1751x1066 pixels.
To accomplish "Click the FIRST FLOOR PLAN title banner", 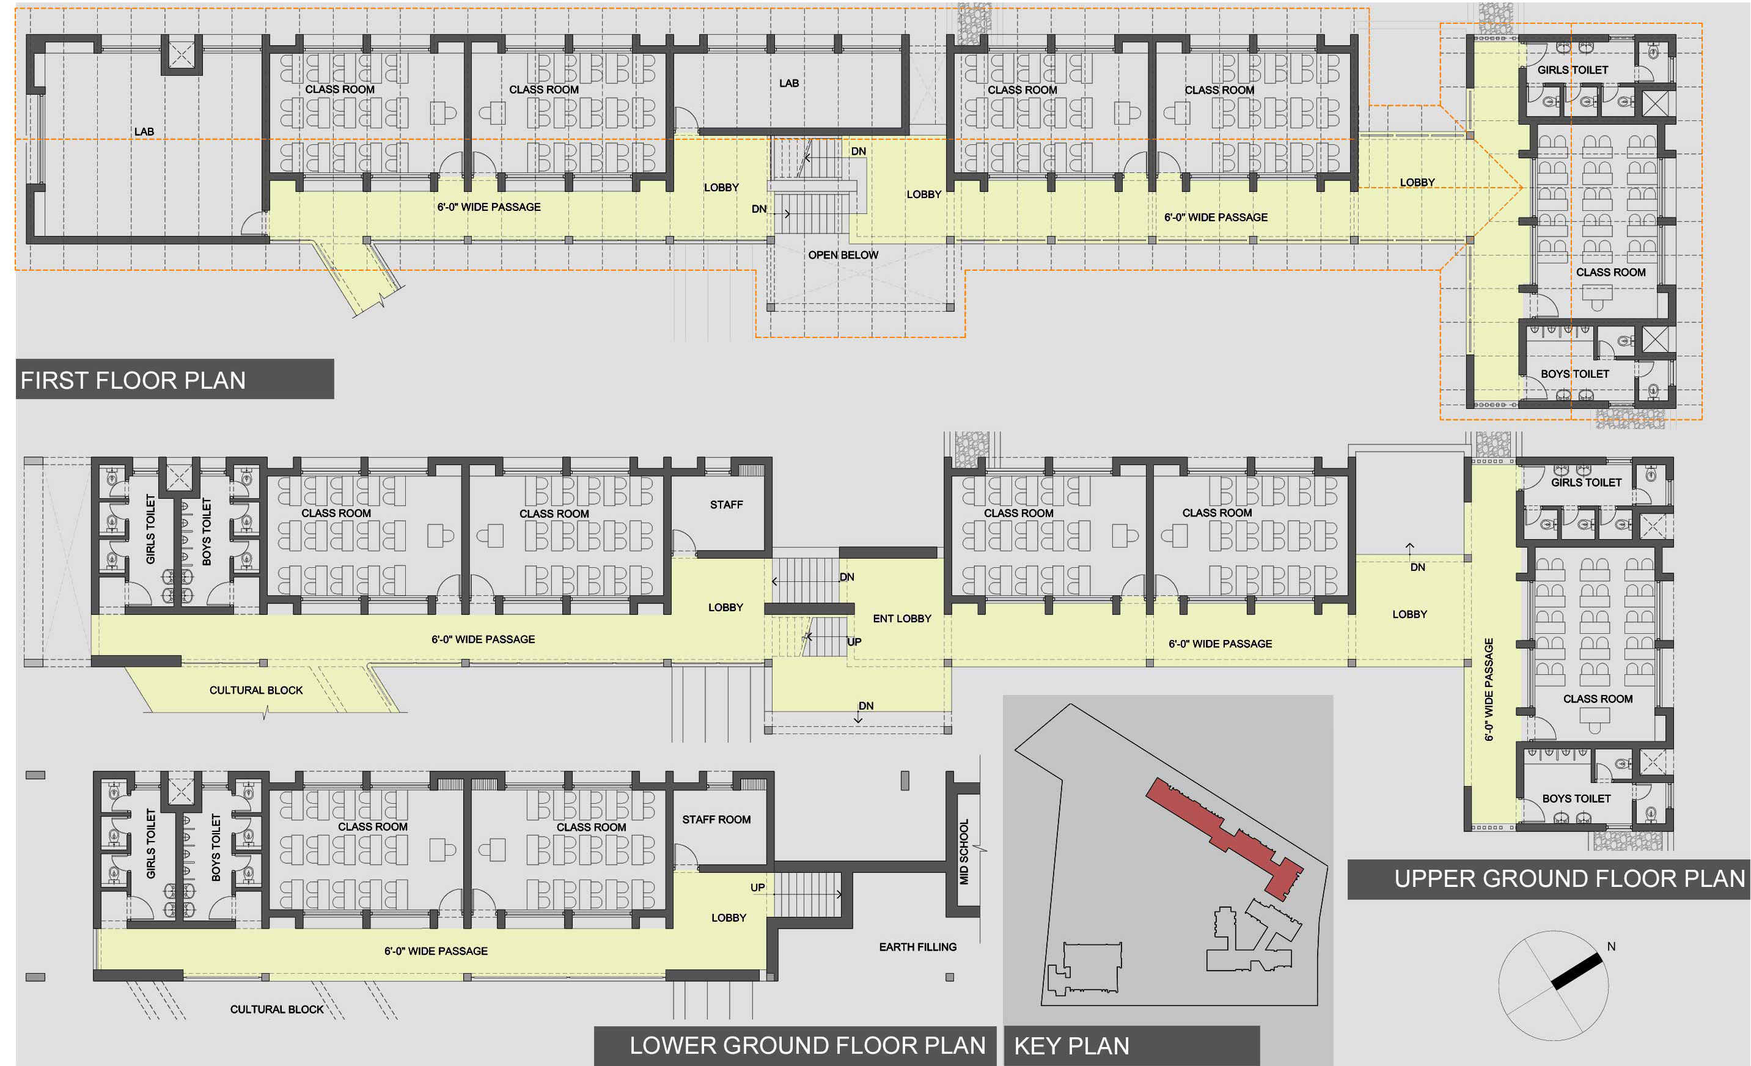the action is tap(175, 380).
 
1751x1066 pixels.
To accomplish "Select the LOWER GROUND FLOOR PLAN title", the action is tap(807, 1045).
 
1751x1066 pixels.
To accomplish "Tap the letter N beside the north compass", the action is tap(1611, 947).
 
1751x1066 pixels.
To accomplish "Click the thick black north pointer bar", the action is tap(1576, 971).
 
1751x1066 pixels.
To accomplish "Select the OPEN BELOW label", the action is tap(843, 255).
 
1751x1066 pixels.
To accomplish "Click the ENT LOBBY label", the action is tap(902, 619).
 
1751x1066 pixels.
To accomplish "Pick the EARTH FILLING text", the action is tap(917, 947).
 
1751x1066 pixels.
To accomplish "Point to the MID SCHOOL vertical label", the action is tap(964, 852).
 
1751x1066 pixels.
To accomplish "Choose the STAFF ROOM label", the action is tap(716, 820).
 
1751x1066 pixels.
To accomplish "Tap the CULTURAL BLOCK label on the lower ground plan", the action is tap(276, 1010).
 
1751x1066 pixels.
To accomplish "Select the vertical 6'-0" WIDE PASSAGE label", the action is tap(1489, 689).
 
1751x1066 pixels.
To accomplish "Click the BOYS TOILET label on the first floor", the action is tap(1575, 375).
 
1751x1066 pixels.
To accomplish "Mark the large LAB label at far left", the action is tap(144, 132).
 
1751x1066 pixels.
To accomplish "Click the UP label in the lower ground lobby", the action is tap(757, 888).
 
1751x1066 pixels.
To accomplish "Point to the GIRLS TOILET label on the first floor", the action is tap(1573, 70).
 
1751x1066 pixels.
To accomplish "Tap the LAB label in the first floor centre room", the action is tap(789, 84).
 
